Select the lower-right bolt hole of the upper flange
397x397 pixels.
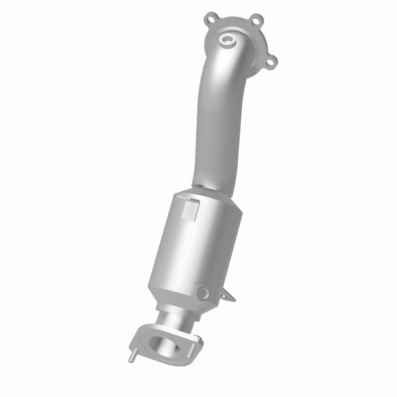[x=271, y=61]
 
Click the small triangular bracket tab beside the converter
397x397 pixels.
[x=229, y=296]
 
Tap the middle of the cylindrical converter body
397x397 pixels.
[x=198, y=243]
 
